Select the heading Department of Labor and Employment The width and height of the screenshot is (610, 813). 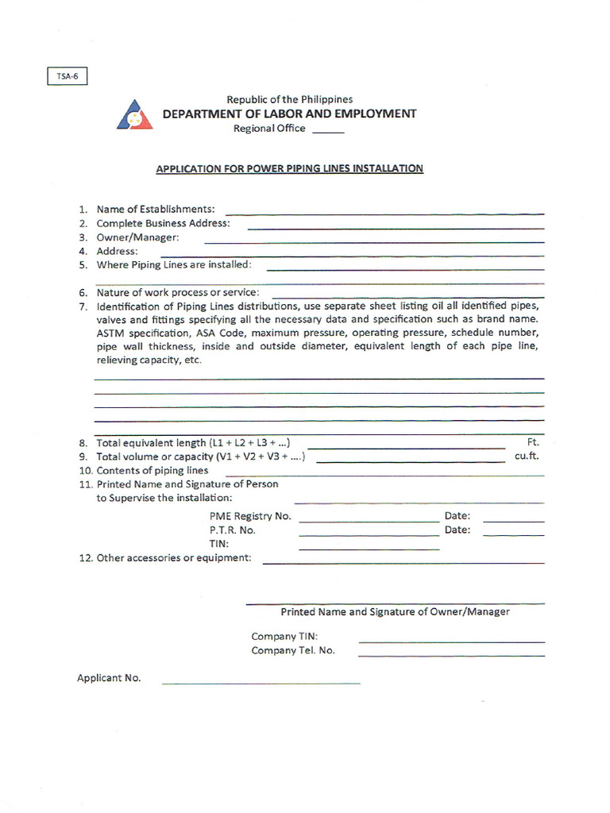pos(289,114)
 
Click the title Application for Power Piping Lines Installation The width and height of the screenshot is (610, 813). pos(289,168)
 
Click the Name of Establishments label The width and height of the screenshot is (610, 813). pos(156,209)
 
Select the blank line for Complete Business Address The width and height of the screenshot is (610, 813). pos(396,228)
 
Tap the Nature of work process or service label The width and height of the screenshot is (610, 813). pos(178,292)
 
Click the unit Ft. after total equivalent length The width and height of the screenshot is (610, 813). pos(533,442)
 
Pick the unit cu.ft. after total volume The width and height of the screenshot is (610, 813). pos(527,457)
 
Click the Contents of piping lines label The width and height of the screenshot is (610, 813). pos(152,470)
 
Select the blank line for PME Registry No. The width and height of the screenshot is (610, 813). pos(369,521)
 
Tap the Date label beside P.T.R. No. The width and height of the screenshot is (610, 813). pos(457,530)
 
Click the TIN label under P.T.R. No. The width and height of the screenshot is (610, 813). pos(219,544)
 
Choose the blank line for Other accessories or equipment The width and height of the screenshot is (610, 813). pos(403,562)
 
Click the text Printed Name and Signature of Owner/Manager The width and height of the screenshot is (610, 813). pos(395,612)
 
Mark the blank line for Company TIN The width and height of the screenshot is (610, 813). pos(451,641)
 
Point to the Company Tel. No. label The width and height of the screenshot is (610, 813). pos(293,650)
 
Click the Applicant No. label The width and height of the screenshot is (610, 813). pos(109,678)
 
